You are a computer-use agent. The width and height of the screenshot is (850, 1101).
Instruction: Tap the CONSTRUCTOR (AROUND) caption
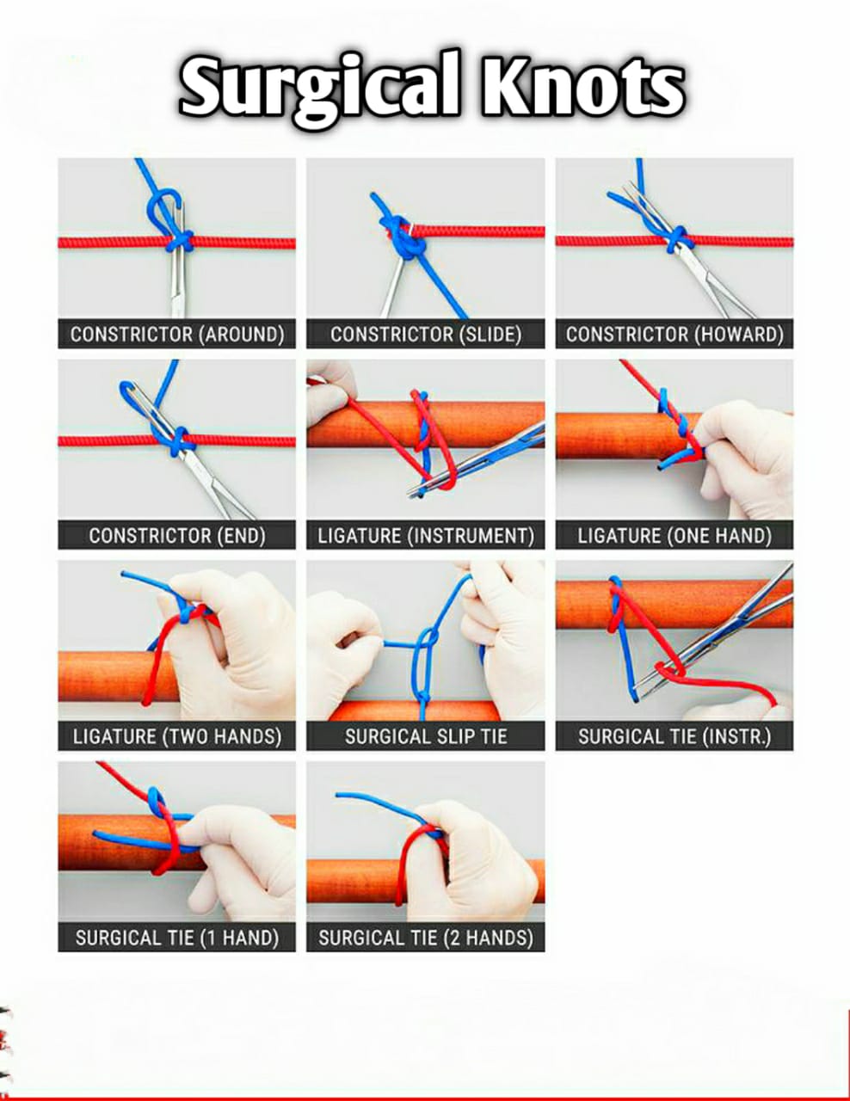point(177,335)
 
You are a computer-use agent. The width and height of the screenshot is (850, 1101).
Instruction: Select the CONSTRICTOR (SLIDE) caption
point(426,335)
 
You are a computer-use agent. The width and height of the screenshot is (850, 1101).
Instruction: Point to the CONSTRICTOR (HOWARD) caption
point(674,335)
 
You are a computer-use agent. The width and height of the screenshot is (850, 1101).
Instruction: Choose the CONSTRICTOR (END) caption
point(177,536)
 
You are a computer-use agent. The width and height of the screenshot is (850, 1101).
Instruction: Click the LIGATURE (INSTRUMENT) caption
point(426,536)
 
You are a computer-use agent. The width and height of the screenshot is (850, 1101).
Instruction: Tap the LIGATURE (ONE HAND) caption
point(674,536)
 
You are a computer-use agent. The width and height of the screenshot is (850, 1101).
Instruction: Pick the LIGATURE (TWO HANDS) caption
point(177,737)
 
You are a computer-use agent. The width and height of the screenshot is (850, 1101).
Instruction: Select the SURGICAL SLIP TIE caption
point(426,737)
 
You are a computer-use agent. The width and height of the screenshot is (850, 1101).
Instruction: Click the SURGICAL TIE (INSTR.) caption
point(674,737)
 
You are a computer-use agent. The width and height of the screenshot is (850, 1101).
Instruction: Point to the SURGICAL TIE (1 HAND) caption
point(177,938)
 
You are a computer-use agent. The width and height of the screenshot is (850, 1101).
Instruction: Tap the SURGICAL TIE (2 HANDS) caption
point(426,938)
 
